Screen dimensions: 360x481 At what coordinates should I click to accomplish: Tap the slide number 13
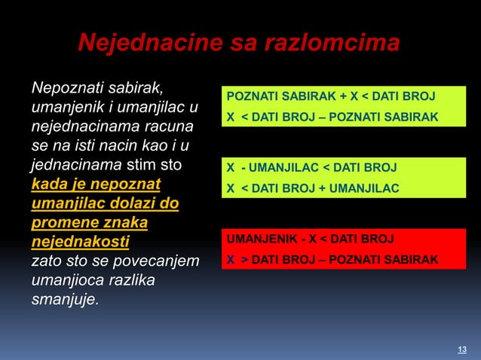[x=462, y=348]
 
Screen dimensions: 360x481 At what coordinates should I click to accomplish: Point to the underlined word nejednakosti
[x=79, y=243]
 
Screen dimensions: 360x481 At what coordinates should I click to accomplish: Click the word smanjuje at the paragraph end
[x=63, y=301]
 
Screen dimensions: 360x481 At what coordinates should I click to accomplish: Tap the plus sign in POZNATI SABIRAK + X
[x=343, y=98]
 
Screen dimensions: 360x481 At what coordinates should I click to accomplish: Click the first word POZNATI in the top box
[x=250, y=98]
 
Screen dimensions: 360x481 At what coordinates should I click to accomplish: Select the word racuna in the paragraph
[x=170, y=126]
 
